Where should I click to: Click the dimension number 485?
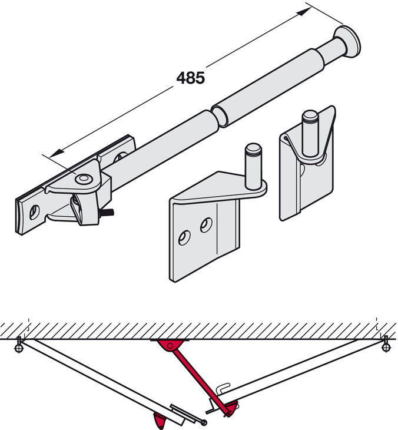coord(190,78)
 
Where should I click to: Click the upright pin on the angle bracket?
coord(253,166)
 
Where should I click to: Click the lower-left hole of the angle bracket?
coord(184,237)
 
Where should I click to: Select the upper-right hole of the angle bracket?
coord(205,224)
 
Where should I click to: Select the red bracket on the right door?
coord(231,408)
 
